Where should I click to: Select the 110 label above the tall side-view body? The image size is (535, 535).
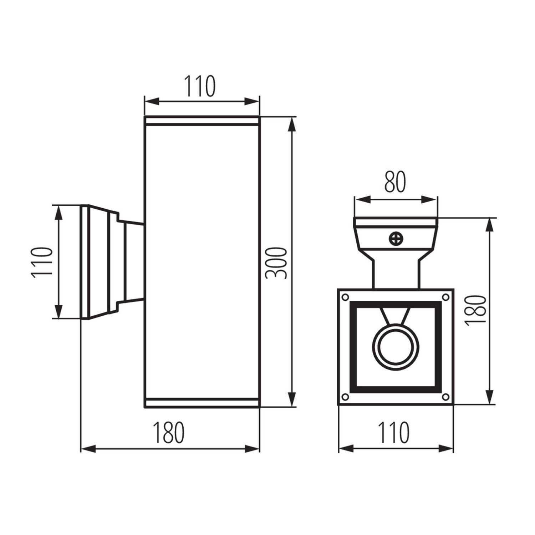[x=200, y=86]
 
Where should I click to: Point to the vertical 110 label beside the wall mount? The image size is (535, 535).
[x=42, y=262]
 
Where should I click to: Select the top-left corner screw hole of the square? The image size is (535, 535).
[x=345, y=297]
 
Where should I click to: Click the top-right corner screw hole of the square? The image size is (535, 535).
[x=445, y=297]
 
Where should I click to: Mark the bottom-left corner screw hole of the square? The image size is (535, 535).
[x=345, y=397]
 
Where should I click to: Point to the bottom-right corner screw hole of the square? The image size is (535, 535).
[x=445, y=397]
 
